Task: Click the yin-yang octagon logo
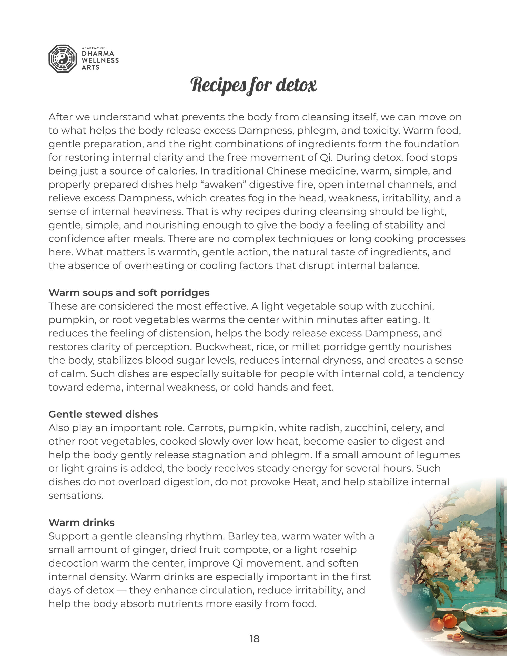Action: (x=63, y=59)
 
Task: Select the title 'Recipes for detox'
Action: (x=253, y=85)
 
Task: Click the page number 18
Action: (x=254, y=639)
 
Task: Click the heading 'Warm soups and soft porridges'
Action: (x=129, y=293)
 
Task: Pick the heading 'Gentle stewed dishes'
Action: (x=103, y=414)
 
